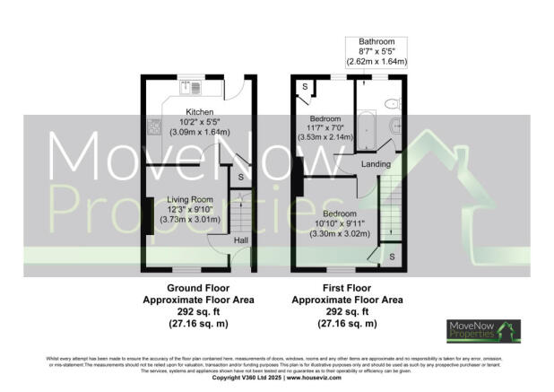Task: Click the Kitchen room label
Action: tap(174, 112)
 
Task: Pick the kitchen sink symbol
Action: tap(191, 87)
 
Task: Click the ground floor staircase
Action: tap(238, 213)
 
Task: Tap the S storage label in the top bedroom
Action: tap(305, 87)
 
